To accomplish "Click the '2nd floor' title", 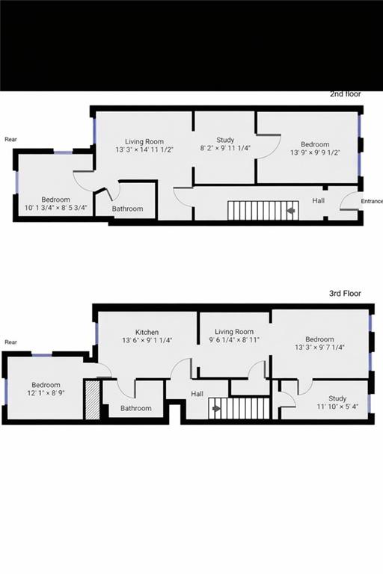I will [x=346, y=94].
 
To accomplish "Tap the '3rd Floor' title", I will [x=345, y=294].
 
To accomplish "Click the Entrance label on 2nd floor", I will [x=372, y=201].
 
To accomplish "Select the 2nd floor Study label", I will [x=225, y=140].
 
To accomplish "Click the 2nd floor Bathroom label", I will [x=127, y=209].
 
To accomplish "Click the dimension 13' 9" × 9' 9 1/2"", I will [x=315, y=152].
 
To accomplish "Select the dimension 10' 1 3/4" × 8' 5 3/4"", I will [x=56, y=208].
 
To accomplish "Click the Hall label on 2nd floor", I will [x=318, y=200].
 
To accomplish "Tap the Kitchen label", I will [x=147, y=332].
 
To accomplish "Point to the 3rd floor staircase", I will [x=238, y=409].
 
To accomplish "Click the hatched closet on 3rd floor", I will [x=91, y=401].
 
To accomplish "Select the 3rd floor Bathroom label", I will [x=136, y=408].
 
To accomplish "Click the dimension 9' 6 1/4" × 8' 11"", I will [x=234, y=340].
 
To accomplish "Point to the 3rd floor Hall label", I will [x=197, y=394].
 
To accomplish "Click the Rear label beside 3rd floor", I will [x=10, y=342].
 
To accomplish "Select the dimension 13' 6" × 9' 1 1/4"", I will [x=147, y=340].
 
